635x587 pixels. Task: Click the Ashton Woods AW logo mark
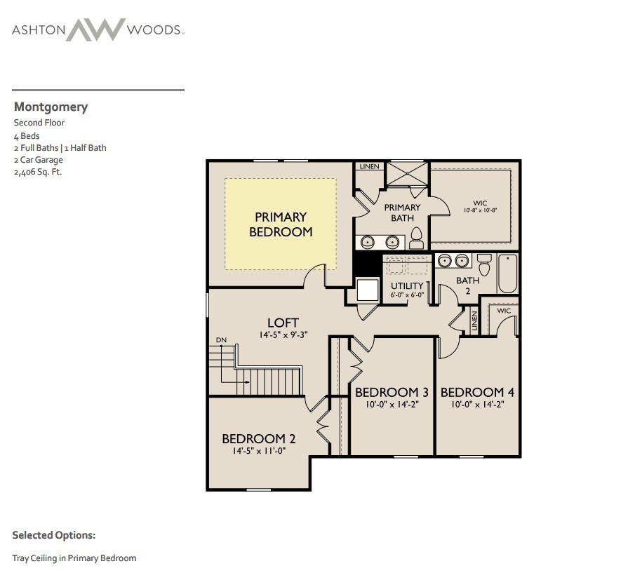tap(97, 29)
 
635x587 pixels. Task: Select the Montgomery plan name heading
tap(51, 107)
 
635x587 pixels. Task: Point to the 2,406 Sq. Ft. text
tap(38, 172)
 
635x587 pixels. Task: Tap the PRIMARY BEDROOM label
tap(281, 224)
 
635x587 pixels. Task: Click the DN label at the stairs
tap(222, 340)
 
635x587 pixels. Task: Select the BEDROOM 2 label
tap(258, 439)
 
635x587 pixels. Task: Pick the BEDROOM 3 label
tap(391, 392)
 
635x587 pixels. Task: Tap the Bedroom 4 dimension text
tap(472, 404)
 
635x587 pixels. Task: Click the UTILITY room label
tap(407, 286)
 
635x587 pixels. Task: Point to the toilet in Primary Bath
tap(416, 238)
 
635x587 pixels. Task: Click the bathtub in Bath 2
tap(507, 274)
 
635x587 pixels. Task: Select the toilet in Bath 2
tap(483, 265)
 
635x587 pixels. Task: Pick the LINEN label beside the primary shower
tap(369, 167)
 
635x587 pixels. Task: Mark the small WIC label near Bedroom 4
tap(504, 311)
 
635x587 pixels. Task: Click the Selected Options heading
tap(54, 535)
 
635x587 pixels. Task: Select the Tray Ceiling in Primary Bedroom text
tap(74, 558)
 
